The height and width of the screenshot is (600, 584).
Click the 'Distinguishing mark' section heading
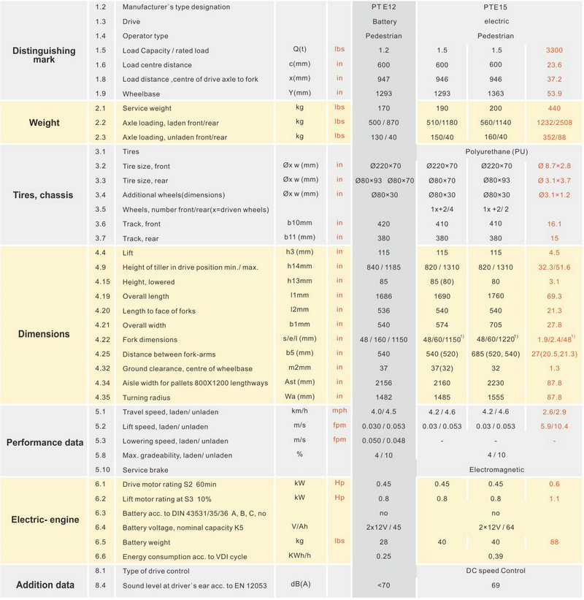[44, 55]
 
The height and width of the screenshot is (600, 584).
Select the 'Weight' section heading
[45, 123]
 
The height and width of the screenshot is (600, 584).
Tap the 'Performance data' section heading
[45, 442]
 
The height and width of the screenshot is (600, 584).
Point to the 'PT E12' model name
[384, 7]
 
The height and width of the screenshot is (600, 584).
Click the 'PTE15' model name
[496, 7]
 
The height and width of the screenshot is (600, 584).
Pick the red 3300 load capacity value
[554, 50]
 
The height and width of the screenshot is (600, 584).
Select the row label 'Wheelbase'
[141, 94]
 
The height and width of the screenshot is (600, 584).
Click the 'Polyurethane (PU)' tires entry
[496, 151]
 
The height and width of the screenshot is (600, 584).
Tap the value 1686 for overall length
[384, 296]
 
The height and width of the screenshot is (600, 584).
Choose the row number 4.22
[102, 339]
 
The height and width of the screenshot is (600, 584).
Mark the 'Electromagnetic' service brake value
[496, 469]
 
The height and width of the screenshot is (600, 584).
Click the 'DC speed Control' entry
[496, 571]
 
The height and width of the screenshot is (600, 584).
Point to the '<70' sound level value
[384, 585]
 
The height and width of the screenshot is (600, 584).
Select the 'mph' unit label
[339, 411]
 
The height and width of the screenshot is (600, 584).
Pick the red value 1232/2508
[554, 123]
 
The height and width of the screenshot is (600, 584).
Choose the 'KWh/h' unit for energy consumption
[299, 555]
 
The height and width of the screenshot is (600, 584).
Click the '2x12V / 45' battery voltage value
[384, 528]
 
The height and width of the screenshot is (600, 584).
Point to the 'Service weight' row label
[147, 108]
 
